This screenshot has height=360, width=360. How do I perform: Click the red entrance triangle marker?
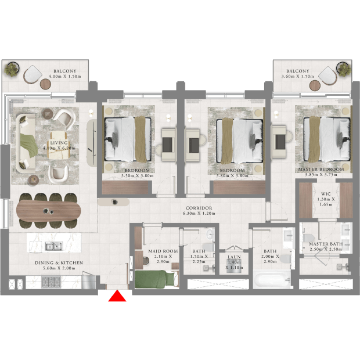(117, 296)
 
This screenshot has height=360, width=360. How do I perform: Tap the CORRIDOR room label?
(199, 208)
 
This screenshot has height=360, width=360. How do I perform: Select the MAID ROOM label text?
(163, 251)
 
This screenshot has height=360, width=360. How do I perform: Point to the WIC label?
(326, 194)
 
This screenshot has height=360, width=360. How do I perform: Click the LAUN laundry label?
(234, 257)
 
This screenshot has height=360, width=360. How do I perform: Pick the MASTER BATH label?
(326, 244)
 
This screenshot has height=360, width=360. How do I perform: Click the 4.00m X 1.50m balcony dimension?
(65, 77)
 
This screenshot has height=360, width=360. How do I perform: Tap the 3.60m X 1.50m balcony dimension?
(298, 77)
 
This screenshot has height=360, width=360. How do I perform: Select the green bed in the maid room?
(157, 279)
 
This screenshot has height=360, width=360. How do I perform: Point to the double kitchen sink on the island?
(53, 246)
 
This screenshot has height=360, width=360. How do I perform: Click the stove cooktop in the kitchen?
(51, 282)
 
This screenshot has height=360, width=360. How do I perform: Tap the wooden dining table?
(48, 211)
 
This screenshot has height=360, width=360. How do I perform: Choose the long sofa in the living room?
(26, 143)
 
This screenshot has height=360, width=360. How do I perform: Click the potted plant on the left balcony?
(11, 69)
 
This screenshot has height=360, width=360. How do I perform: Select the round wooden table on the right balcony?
(315, 85)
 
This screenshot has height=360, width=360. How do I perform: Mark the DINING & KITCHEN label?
(59, 263)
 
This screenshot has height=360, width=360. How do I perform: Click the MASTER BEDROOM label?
(321, 169)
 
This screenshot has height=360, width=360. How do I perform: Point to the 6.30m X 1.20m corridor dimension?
(199, 214)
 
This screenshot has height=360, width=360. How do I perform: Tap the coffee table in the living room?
(58, 145)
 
